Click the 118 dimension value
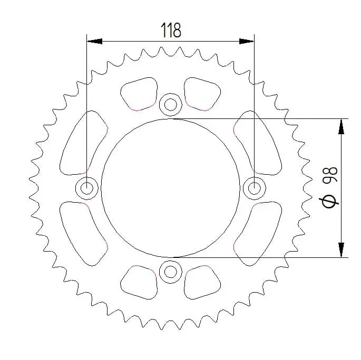171,31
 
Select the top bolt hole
170,104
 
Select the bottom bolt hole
170,272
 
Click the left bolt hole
86,187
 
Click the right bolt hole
254,187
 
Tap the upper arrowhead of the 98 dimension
342,125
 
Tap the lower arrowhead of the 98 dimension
342,250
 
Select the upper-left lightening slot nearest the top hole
139,94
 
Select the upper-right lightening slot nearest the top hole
202,94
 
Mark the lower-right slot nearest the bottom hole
202,282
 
